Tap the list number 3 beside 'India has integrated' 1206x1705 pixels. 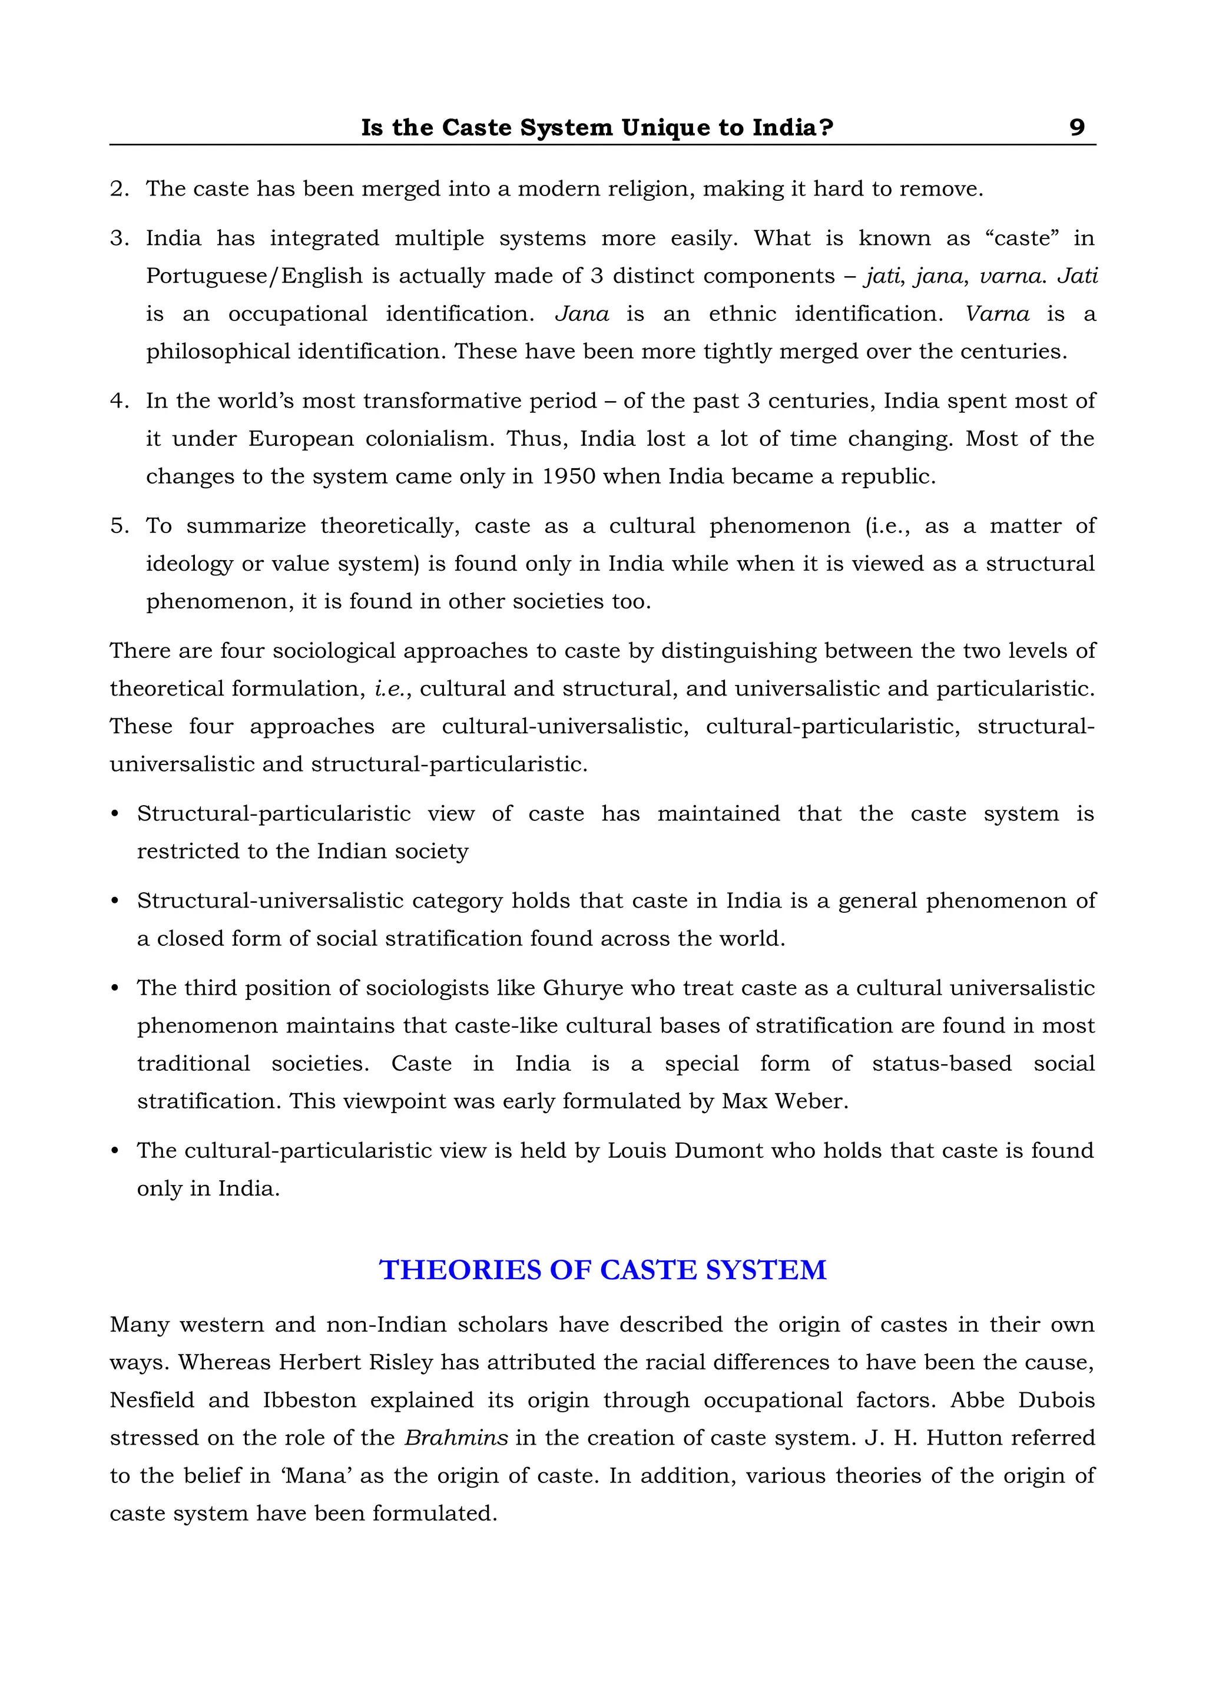[118, 239]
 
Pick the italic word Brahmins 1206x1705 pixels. [456, 1438]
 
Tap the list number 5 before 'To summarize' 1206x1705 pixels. [118, 526]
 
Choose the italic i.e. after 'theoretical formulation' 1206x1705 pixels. [390, 688]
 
